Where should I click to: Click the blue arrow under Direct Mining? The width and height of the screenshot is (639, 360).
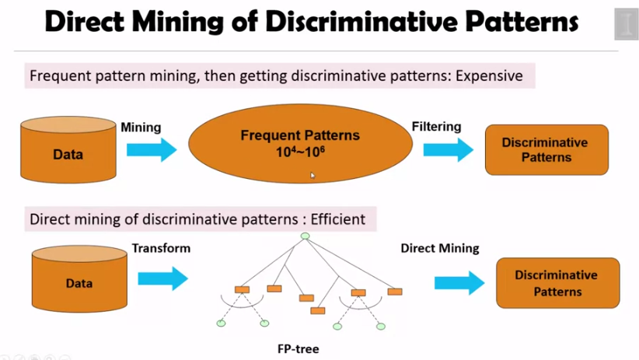pyautogui.click(x=459, y=285)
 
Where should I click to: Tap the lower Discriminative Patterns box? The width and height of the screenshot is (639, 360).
pyautogui.click(x=557, y=283)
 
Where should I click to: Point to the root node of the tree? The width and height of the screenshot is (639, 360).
pyautogui.click(x=305, y=236)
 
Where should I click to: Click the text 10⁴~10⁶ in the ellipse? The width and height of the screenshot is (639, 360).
pyautogui.click(x=300, y=152)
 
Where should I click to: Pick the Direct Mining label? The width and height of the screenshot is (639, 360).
pyautogui.click(x=440, y=249)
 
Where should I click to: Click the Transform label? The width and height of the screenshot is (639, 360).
pyautogui.click(x=161, y=249)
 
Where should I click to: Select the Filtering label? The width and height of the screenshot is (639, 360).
pyautogui.click(x=436, y=127)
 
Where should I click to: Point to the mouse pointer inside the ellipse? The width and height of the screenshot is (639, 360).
pyautogui.click(x=313, y=176)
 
